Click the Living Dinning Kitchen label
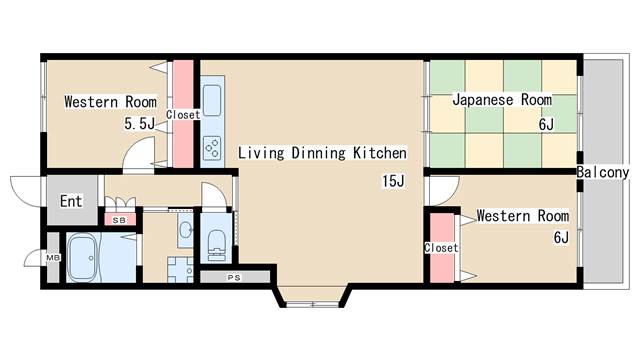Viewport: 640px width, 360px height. pyautogui.click(x=322, y=153)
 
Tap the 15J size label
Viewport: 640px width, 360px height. pyautogui.click(x=393, y=181)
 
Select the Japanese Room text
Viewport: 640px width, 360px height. pyautogui.click(x=502, y=100)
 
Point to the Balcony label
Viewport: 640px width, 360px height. pyautogui.click(x=603, y=173)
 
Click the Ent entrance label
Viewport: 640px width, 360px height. pyautogui.click(x=71, y=201)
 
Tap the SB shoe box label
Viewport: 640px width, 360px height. pyautogui.click(x=119, y=220)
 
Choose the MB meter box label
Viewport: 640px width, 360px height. pyautogui.click(x=53, y=258)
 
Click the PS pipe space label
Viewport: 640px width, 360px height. pyautogui.click(x=234, y=278)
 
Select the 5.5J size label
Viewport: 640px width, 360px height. pyautogui.click(x=140, y=123)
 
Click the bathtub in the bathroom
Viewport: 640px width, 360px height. pyautogui.click(x=83, y=258)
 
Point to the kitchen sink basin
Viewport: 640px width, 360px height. pyautogui.click(x=212, y=100)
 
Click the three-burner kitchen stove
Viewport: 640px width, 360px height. pyautogui.click(x=212, y=148)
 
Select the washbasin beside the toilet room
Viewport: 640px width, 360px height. pyautogui.click(x=186, y=230)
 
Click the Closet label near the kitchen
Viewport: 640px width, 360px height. pyautogui.click(x=183, y=115)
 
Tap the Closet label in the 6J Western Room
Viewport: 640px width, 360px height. pyautogui.click(x=441, y=248)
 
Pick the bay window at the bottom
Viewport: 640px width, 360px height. pyautogui.click(x=312, y=304)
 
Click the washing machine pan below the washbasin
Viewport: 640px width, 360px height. pyautogui.click(x=180, y=269)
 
